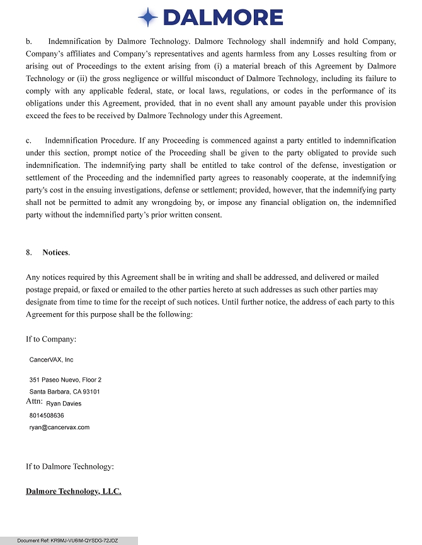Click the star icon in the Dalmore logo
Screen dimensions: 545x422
[x=147, y=17]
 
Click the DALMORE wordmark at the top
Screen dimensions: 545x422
[x=222, y=17]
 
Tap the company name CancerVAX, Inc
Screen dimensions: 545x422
[x=51, y=360]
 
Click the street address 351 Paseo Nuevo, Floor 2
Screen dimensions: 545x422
[x=66, y=380]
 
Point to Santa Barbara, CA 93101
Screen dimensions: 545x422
[x=65, y=392]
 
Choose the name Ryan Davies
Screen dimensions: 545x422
[x=64, y=404]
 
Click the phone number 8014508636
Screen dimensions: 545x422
[x=47, y=416]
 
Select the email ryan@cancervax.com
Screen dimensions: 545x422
[x=59, y=427]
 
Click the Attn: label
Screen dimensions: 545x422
[x=34, y=401]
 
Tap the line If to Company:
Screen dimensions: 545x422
[x=51, y=339]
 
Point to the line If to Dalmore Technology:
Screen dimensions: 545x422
[x=69, y=466]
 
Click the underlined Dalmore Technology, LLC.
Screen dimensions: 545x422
[x=73, y=491]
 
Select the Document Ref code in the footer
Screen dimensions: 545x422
[x=67, y=541]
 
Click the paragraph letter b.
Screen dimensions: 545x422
[x=28, y=41]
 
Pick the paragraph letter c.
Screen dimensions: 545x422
[x=28, y=140]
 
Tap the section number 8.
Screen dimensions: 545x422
[x=29, y=252]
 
